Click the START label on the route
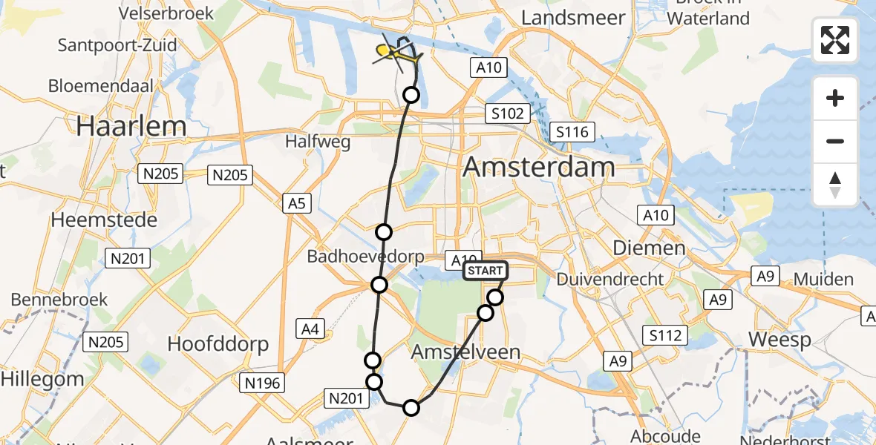[x=486, y=271]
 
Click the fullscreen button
[x=835, y=39]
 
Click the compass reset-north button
[x=835, y=185]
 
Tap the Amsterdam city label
[x=538, y=167]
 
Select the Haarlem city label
[x=131, y=126]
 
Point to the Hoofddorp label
[x=218, y=344]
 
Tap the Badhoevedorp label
[x=366, y=257]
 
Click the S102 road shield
[x=508, y=114]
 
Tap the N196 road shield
[x=263, y=383]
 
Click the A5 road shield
[x=295, y=202]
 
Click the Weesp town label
[x=779, y=340]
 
